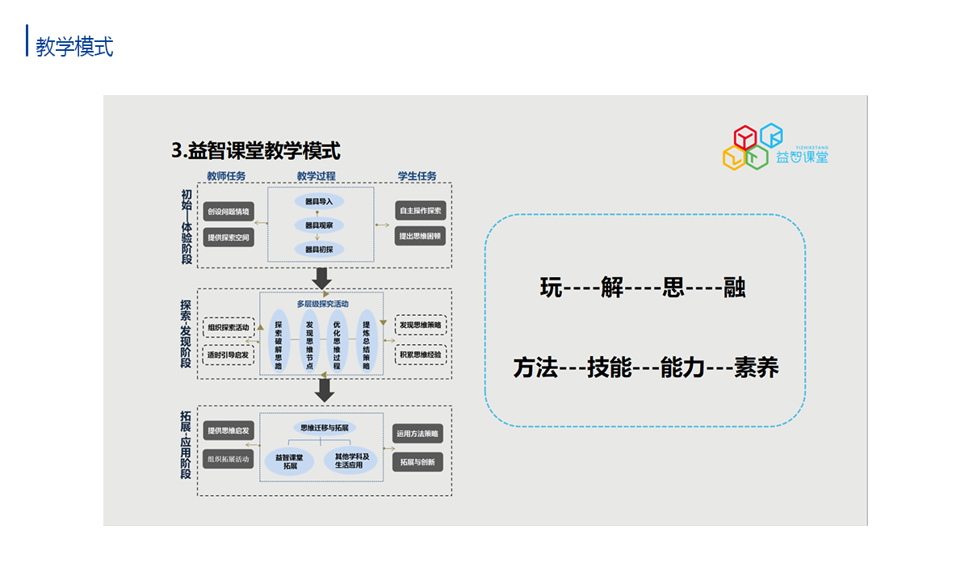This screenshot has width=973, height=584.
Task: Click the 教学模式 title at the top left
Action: pos(74,46)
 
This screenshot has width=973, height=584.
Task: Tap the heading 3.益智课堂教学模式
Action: pos(256,150)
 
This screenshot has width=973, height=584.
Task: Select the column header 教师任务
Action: pos(226,176)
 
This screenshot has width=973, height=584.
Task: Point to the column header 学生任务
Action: pos(417,176)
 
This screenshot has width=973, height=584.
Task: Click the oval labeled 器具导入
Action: pos(319,201)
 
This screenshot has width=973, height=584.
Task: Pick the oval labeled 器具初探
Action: pos(319,250)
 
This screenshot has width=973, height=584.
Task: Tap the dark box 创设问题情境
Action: pos(228,212)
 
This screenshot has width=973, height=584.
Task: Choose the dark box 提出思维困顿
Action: pos(420,237)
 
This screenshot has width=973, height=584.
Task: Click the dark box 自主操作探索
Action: pos(420,212)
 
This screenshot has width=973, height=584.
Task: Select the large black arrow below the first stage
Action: pos(323,278)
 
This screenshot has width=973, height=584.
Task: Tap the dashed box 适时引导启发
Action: pos(229,355)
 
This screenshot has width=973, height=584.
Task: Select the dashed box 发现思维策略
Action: pos(420,326)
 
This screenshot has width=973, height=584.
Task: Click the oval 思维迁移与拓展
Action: pos(323,427)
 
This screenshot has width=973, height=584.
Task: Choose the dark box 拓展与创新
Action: pos(417,462)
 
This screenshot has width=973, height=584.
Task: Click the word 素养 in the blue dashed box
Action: pos(756,368)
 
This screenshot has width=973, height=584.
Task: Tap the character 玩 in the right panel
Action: pos(551,288)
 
